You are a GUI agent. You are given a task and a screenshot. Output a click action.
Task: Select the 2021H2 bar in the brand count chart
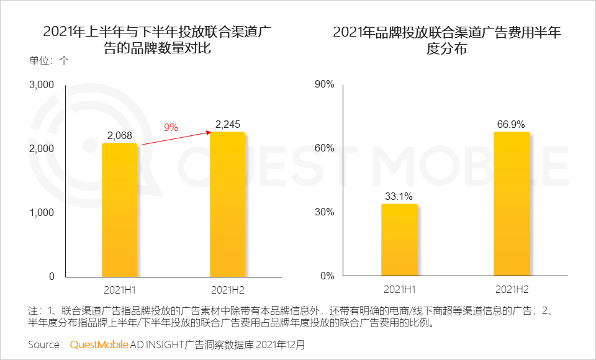point(228,204)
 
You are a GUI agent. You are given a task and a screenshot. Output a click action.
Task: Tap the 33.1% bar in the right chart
point(399,240)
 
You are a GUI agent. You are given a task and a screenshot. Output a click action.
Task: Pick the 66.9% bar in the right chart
point(512,204)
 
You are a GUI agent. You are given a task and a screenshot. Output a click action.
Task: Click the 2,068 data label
point(119,135)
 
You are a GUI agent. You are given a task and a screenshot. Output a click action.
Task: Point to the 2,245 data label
point(228,125)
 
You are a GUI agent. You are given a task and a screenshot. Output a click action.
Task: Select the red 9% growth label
point(171,127)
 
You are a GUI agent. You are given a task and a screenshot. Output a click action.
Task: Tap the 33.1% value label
point(399,197)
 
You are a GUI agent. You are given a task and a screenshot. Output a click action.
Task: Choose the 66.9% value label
point(512,125)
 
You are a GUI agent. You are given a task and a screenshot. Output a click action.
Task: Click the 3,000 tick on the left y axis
point(42,84)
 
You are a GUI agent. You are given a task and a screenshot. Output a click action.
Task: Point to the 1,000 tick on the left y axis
point(42,212)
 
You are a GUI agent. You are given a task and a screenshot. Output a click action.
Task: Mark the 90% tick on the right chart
point(325,84)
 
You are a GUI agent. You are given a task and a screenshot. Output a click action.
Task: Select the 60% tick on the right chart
point(325,148)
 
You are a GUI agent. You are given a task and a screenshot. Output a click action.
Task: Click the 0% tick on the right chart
point(328,276)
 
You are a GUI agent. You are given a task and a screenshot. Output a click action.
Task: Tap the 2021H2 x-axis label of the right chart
point(512,290)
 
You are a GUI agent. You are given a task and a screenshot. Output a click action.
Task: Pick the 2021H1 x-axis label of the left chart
point(119,290)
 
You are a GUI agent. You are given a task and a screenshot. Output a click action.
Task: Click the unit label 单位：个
point(50,61)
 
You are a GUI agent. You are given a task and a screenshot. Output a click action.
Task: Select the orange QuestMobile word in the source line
point(99,344)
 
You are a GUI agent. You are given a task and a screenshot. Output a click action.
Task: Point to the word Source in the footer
point(46,344)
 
